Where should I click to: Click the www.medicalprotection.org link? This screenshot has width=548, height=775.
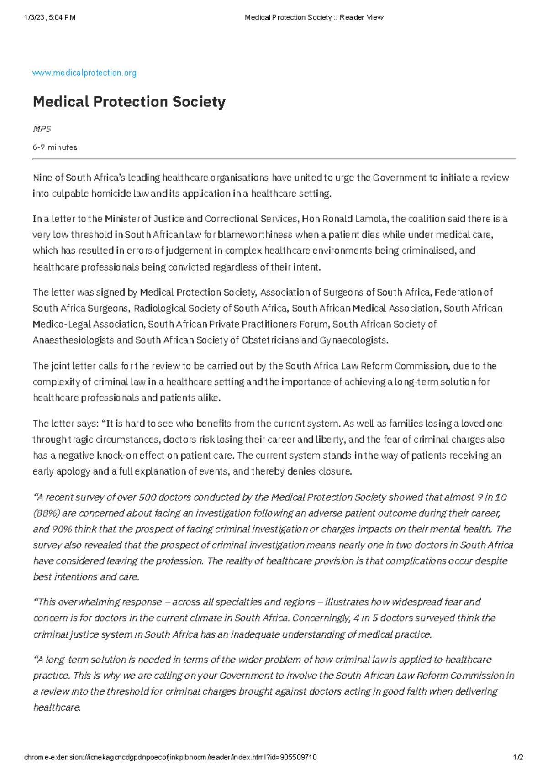[84, 73]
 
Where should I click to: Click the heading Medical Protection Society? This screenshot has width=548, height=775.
[129, 101]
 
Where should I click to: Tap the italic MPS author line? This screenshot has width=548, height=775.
[42, 129]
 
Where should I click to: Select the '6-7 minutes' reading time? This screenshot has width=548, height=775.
[55, 147]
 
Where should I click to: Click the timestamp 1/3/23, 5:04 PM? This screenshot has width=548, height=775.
[50, 17]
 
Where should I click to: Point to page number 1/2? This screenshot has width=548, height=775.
[518, 757]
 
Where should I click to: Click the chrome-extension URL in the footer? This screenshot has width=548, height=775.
[170, 757]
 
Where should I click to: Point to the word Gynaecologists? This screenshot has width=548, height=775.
[353, 340]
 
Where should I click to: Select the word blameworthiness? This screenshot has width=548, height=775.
[255, 235]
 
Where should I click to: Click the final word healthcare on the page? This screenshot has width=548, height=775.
[57, 707]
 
